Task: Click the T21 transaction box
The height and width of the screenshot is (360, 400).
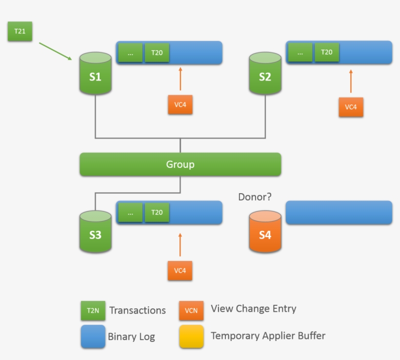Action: click(20, 32)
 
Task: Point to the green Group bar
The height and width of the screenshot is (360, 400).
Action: click(180, 164)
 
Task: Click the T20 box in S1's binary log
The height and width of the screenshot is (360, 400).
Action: click(157, 53)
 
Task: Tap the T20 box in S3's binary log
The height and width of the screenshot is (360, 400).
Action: click(157, 213)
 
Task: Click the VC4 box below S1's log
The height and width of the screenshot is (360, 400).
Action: click(180, 105)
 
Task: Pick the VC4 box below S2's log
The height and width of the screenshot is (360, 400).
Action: click(351, 107)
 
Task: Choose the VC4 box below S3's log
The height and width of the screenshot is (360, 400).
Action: click(180, 271)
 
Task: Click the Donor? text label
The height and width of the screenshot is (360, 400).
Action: click(255, 197)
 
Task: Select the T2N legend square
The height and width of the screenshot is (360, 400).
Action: click(93, 311)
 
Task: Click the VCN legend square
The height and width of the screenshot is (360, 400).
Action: click(191, 310)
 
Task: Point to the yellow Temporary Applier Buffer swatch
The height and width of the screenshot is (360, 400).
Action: click(191, 336)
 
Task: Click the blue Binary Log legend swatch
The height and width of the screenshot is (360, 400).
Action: click(93, 337)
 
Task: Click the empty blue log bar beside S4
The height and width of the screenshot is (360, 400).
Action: click(339, 213)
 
